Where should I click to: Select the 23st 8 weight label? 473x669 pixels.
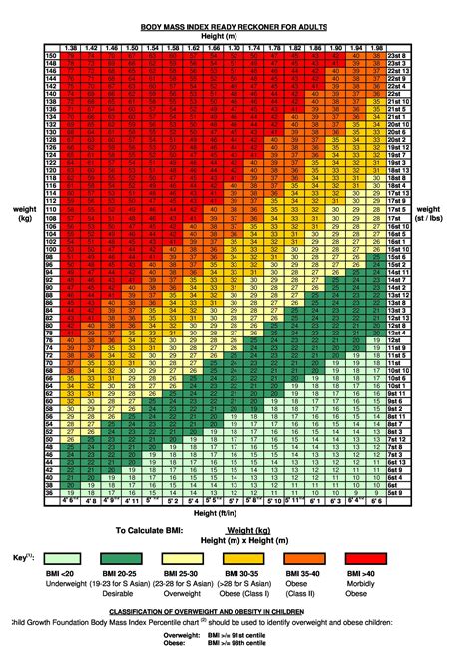pos(398,56)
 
